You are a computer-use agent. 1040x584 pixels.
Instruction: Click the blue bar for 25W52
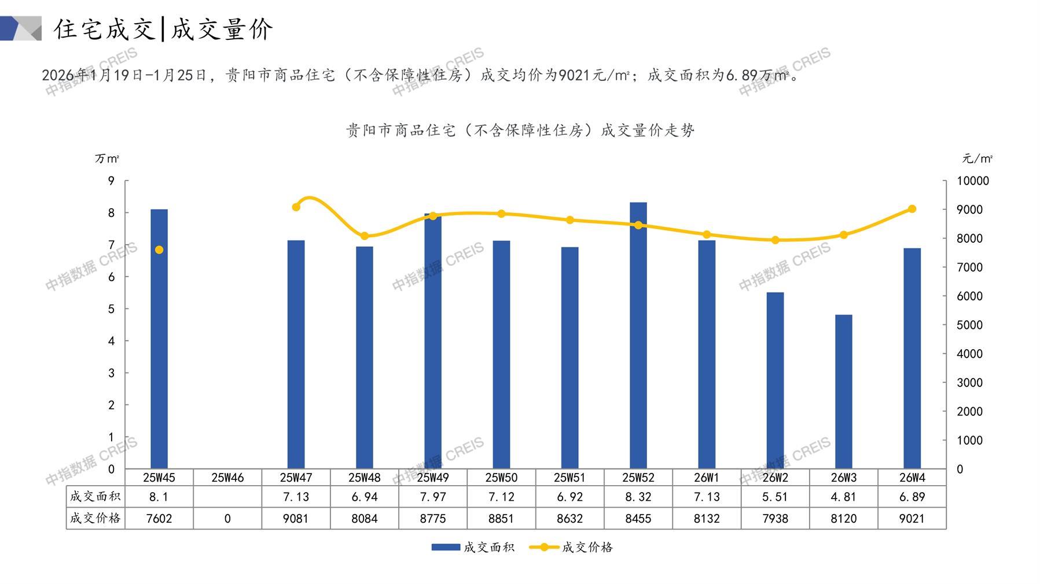click(638, 335)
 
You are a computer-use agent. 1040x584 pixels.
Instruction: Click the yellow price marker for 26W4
click(912, 209)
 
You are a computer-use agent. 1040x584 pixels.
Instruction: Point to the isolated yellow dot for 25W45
click(159, 250)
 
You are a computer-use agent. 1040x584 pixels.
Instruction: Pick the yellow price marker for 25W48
click(365, 236)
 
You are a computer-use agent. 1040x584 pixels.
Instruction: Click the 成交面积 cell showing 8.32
click(638, 497)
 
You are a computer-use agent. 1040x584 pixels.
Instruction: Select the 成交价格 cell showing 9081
click(296, 519)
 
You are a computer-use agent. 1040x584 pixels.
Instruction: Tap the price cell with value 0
click(227, 519)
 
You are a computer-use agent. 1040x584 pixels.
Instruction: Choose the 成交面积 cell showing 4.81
click(843, 497)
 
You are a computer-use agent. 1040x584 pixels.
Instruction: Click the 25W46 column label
click(227, 478)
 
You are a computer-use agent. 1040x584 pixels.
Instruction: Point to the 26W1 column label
click(707, 478)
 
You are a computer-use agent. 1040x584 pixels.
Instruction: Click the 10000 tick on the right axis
click(973, 181)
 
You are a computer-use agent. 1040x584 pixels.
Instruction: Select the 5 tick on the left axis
click(111, 309)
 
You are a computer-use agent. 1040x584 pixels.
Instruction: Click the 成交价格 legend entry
click(587, 547)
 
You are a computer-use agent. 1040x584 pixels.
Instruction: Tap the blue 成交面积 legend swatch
click(446, 547)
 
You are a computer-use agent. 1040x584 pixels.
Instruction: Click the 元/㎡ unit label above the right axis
click(977, 158)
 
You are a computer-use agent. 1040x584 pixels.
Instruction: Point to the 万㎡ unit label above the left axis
click(107, 158)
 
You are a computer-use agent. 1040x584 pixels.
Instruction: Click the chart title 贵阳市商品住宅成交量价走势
click(520, 131)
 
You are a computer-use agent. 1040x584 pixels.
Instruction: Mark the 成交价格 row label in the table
click(95, 519)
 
